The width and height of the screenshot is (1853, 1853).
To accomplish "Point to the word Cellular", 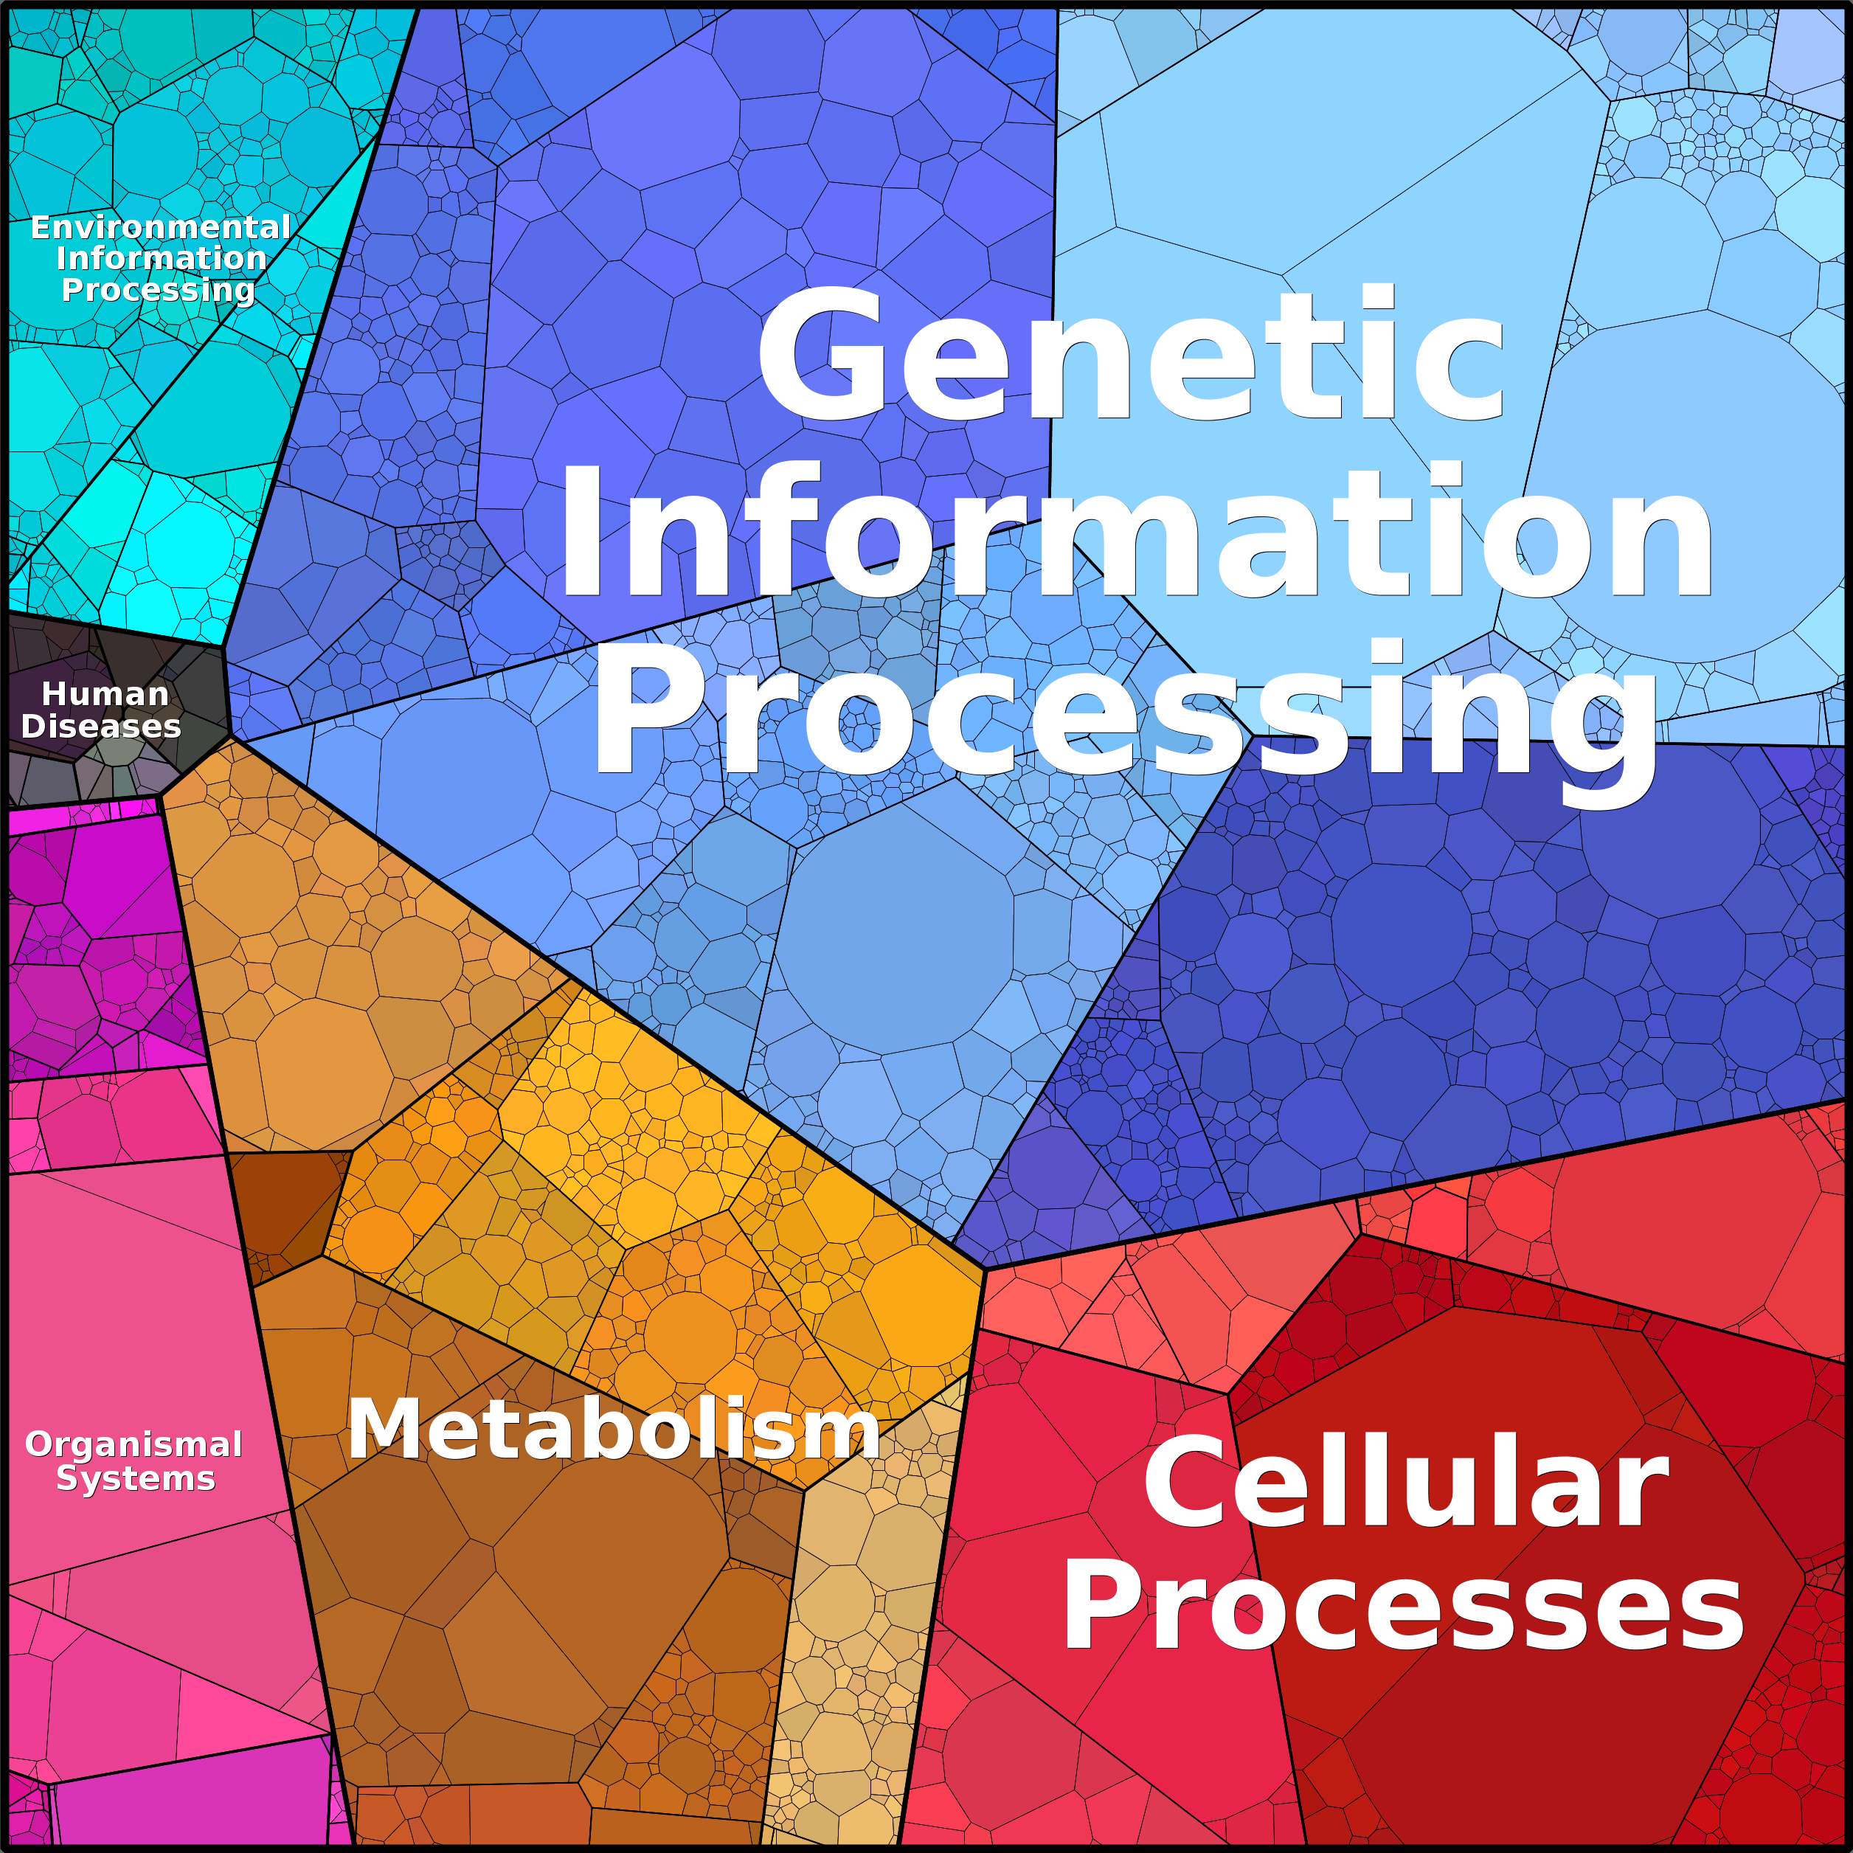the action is tap(1406, 1482).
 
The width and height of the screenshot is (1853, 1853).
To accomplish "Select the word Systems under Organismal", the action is tap(135, 1478).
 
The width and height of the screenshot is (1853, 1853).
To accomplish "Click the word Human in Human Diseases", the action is tap(105, 693).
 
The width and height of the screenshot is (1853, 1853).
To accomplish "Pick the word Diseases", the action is tap(101, 726).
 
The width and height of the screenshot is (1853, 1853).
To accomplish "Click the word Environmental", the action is tap(160, 227).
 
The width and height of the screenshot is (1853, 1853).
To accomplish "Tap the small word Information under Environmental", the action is tap(161, 258).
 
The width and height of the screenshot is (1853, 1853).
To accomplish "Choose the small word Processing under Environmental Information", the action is tap(159, 290).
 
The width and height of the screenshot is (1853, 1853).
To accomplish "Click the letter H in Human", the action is tap(55, 693).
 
